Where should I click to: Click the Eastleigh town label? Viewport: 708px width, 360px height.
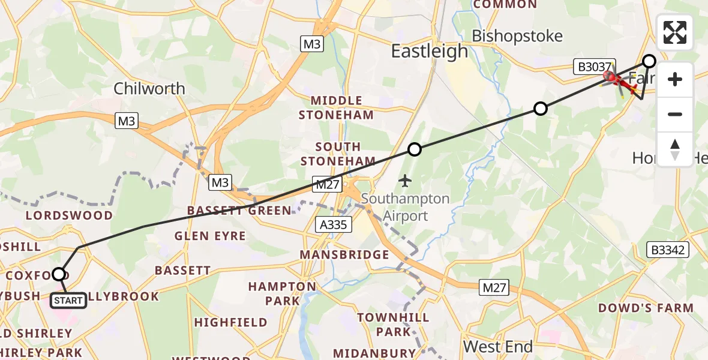click(429, 51)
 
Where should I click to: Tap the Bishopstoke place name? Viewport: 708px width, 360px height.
click(517, 36)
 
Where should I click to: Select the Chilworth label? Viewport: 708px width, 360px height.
click(149, 89)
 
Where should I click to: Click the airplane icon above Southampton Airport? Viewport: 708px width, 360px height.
click(406, 179)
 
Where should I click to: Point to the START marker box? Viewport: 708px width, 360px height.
click(68, 300)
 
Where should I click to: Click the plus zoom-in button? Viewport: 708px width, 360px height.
click(675, 79)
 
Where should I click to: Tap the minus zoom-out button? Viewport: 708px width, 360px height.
click(675, 114)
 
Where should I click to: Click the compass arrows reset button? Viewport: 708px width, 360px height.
click(675, 149)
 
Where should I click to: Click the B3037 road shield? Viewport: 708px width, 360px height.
click(593, 67)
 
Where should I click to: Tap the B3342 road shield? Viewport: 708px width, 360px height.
click(668, 250)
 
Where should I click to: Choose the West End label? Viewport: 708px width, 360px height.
click(497, 347)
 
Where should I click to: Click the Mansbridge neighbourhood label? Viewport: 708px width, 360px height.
click(345, 255)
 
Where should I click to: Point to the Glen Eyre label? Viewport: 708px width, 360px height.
click(210, 236)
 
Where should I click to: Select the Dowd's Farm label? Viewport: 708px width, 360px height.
click(646, 308)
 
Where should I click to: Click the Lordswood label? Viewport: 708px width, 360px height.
click(70, 215)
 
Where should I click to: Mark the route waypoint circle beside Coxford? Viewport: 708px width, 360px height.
click(59, 274)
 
